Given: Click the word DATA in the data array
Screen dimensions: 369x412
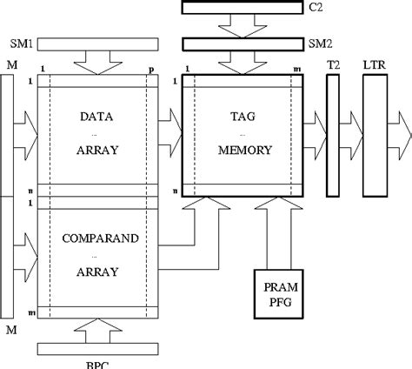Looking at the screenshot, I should click(97, 116).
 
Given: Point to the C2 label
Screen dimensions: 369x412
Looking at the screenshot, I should click(315, 8).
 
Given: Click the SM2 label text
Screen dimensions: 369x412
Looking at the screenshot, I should click(317, 43).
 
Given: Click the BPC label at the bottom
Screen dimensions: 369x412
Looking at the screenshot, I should click(97, 364).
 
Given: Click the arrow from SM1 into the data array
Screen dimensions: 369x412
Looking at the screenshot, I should click(97, 62).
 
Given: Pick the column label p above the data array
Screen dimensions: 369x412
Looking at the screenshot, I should click(150, 68).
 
